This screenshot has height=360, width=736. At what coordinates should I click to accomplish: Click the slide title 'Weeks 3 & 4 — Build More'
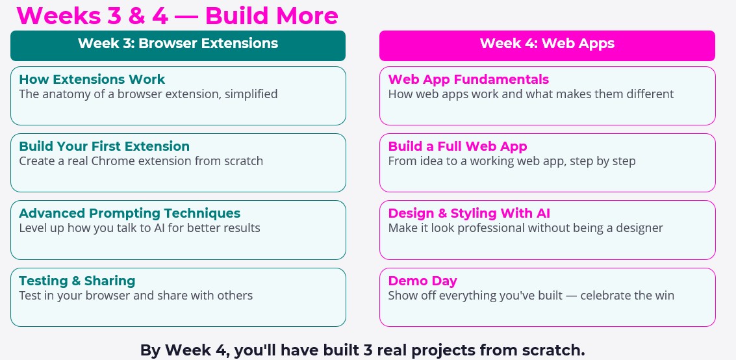177,16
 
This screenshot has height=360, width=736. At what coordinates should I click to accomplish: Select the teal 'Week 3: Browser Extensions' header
178,45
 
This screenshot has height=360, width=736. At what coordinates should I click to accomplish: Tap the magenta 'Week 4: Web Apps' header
547,45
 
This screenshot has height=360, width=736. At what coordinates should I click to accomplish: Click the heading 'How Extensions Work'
92,79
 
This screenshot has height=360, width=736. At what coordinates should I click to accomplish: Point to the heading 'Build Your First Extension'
104,146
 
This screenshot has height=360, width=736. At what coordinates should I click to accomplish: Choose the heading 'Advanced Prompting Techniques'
129,213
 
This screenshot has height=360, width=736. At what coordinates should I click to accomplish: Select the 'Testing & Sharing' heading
77,281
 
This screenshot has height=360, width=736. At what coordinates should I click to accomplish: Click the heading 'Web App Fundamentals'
468,79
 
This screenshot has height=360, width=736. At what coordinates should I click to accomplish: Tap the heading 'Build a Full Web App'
458,146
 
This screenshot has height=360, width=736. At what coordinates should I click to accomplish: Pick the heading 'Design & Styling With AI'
469,213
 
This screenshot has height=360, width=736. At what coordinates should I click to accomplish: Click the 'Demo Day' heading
422,281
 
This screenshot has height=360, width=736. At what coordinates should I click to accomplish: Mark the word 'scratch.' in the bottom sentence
559,350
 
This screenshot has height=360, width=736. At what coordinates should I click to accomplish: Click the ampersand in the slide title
136,16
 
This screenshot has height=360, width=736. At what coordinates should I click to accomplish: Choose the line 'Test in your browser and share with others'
136,296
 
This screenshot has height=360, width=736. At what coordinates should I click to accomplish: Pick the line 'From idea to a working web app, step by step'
512,161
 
